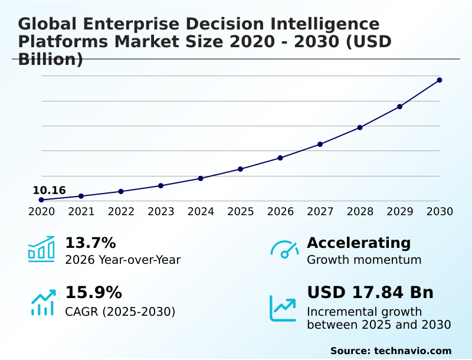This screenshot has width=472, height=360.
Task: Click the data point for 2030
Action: [440, 80]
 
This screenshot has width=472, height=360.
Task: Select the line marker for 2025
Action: [240, 169]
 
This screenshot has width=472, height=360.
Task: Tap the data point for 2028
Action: [360, 127]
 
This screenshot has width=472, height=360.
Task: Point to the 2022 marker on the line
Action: [121, 191]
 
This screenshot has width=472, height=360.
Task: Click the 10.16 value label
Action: [49, 190]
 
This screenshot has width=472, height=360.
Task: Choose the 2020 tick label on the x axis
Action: [41, 211]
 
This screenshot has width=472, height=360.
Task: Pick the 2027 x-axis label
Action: [320, 211]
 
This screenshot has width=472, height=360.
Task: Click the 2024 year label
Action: [201, 211]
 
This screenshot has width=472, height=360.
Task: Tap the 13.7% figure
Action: [90, 243]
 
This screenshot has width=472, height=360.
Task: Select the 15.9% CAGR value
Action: [93, 293]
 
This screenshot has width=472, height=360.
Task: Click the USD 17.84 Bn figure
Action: [370, 293]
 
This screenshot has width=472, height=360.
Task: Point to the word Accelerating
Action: [359, 243]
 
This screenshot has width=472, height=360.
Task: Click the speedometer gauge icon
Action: [284, 249]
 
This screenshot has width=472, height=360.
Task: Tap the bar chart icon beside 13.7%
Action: [41, 249]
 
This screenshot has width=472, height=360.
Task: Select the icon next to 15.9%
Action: [42, 302]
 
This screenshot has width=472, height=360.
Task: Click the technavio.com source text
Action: [412, 351]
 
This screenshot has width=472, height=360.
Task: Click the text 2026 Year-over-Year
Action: [123, 260]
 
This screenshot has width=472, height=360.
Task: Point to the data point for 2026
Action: [280, 158]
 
